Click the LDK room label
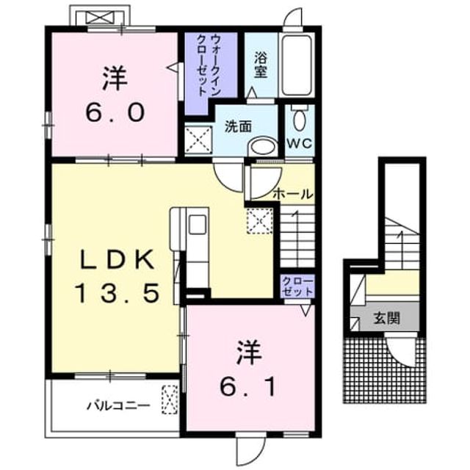pos(117,259)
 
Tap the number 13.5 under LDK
pos(117,294)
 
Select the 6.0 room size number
pos(115,112)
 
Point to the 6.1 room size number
pos(247,387)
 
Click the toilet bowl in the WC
pos(300,118)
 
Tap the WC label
pos(300,144)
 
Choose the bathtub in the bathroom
pos(297,65)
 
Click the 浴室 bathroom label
pos(261,65)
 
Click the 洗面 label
pos(238,126)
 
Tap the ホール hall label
pos(293,194)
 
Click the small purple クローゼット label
pos(298,286)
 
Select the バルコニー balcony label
pos(119,406)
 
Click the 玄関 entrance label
pos(387,318)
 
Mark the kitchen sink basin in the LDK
pos(198,225)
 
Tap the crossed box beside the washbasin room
pos(198,140)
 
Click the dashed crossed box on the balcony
pos(170,399)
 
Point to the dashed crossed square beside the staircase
pos(259,220)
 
